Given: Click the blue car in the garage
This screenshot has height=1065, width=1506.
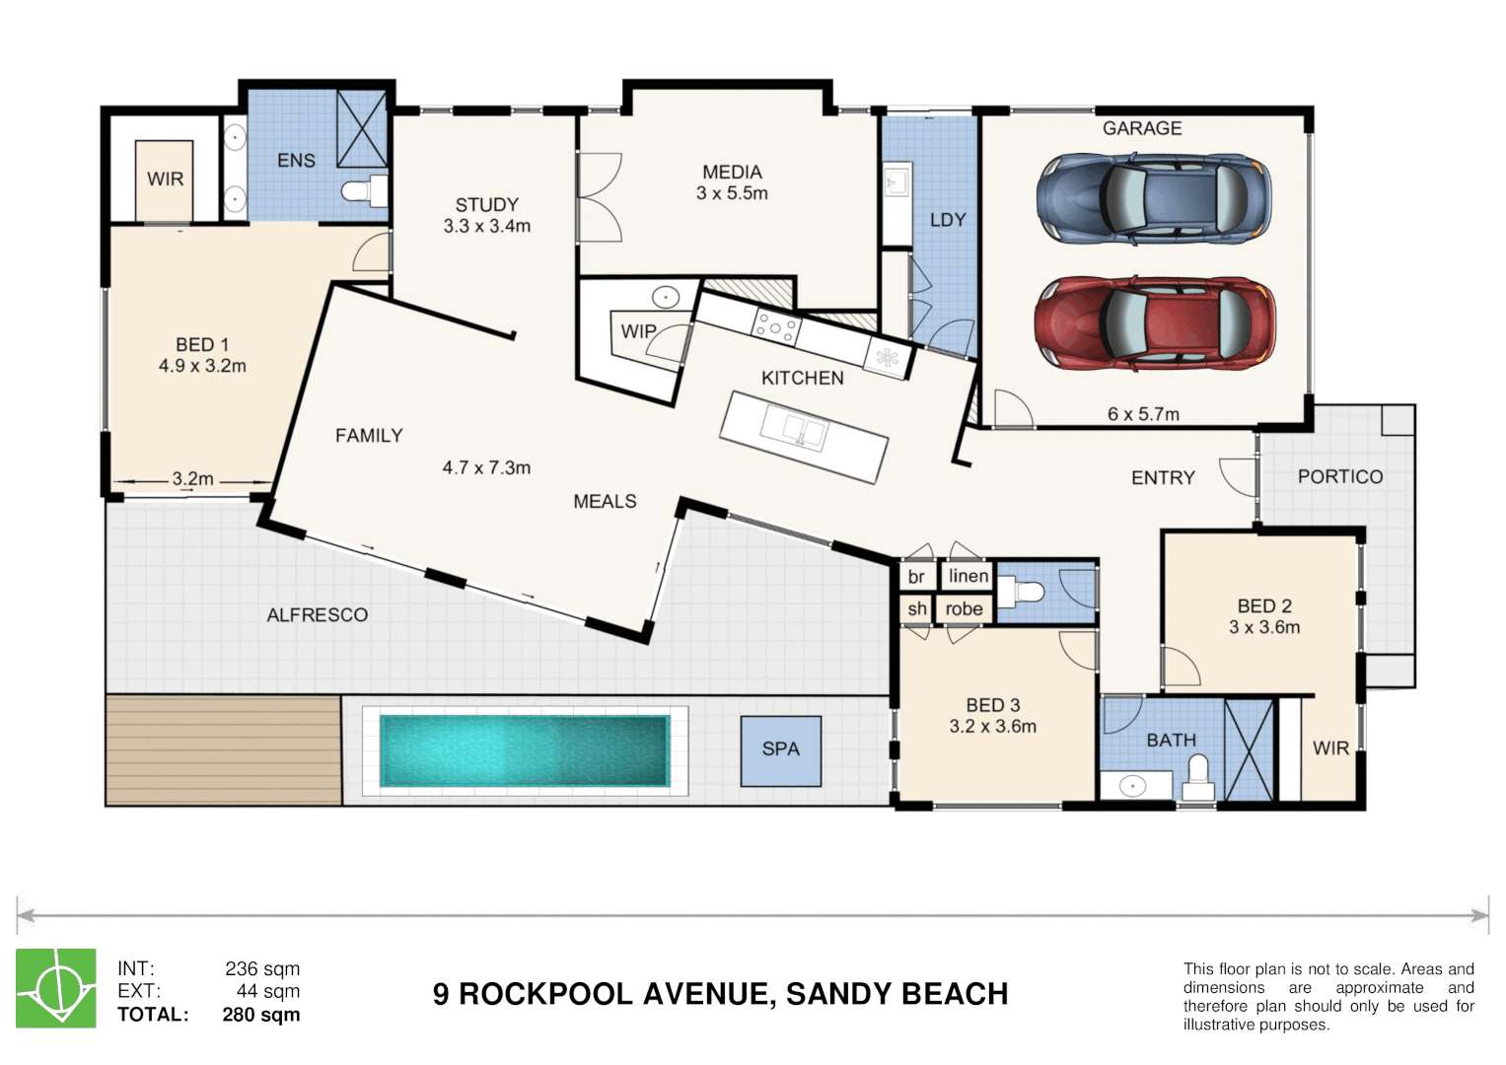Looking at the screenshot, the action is pyautogui.click(x=1154, y=198).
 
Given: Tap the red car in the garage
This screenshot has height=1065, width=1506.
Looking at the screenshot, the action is pyautogui.click(x=1155, y=323).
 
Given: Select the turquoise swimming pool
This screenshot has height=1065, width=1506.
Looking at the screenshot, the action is pyautogui.click(x=525, y=750).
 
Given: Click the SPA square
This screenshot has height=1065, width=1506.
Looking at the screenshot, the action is pyautogui.click(x=780, y=751).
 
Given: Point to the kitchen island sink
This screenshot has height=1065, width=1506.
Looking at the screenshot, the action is pyautogui.click(x=794, y=428).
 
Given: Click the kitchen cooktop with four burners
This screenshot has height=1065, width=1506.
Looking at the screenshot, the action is pyautogui.click(x=776, y=326).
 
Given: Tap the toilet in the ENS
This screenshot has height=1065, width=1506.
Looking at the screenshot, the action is pyautogui.click(x=365, y=191).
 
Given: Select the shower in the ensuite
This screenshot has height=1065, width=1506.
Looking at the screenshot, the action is pyautogui.click(x=362, y=129).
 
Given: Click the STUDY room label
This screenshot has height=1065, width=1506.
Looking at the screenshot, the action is pyautogui.click(x=487, y=205).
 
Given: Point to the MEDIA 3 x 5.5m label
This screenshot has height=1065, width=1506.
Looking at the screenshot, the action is pyautogui.click(x=732, y=182).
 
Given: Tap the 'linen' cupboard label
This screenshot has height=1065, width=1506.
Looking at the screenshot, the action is pyautogui.click(x=968, y=576).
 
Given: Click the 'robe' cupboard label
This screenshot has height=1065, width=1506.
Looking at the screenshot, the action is pyautogui.click(x=965, y=608).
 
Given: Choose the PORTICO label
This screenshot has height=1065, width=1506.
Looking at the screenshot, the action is pyautogui.click(x=1340, y=476).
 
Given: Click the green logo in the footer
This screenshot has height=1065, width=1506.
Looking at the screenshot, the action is pyautogui.click(x=56, y=988).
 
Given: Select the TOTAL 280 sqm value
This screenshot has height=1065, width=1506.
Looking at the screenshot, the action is pyautogui.click(x=260, y=1014).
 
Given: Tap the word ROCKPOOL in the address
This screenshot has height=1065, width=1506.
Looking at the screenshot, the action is pyautogui.click(x=545, y=994).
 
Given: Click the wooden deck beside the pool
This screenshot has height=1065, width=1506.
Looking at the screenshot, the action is pyautogui.click(x=224, y=750).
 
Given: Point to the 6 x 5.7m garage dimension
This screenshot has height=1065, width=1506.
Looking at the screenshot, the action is pyautogui.click(x=1143, y=414).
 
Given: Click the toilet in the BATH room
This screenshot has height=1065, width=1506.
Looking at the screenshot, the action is pyautogui.click(x=1198, y=778).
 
